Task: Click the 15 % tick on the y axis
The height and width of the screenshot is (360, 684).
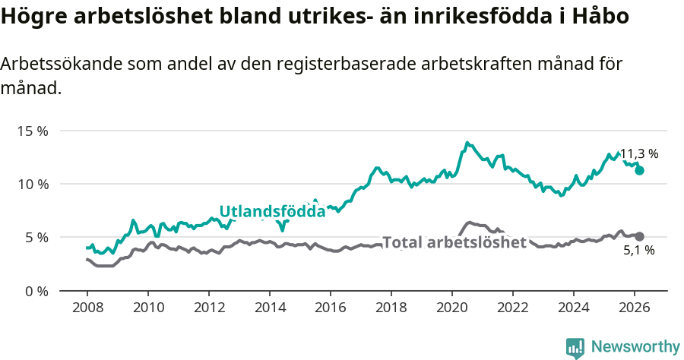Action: point(32,131)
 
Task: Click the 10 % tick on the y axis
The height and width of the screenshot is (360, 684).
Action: point(32,184)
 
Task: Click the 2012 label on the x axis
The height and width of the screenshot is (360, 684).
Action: point(208,308)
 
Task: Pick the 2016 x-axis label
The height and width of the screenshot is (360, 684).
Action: point(331,308)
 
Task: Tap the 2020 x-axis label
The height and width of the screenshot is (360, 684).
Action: point(452,308)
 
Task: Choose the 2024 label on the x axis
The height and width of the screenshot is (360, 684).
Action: point(574,308)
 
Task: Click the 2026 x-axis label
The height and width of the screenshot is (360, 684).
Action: point(635,308)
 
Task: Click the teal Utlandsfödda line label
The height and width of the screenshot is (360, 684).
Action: point(272,211)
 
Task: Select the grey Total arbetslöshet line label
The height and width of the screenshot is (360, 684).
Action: point(454,242)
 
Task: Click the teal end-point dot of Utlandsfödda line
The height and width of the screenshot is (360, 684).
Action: point(640,170)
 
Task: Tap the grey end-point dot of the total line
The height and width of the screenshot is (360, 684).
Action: point(640,236)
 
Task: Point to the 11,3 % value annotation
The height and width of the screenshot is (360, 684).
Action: point(639,153)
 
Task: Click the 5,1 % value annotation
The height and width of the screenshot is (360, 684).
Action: point(639,250)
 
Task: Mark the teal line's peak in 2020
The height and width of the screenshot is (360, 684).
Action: point(467,143)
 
